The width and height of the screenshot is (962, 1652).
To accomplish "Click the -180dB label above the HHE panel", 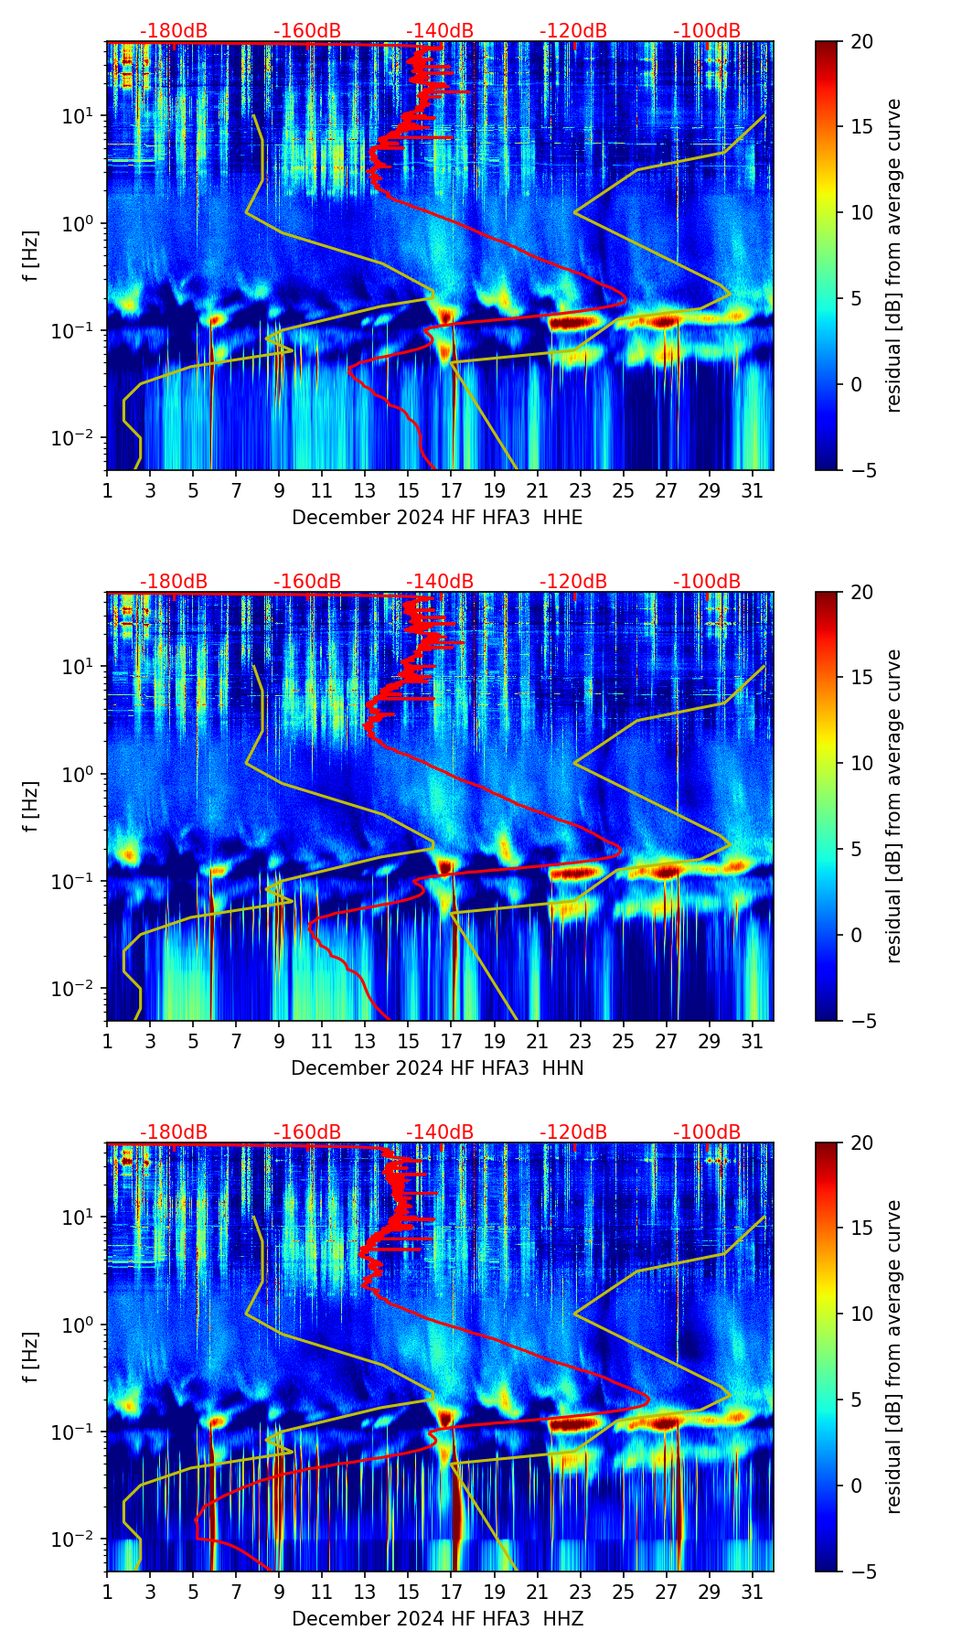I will click(173, 31).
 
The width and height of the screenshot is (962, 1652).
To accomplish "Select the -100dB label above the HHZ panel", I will click(707, 1132).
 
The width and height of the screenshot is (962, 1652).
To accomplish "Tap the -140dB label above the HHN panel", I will click(440, 582).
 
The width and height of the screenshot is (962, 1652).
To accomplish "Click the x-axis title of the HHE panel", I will click(437, 518).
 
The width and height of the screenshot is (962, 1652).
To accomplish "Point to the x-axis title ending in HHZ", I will click(437, 1619).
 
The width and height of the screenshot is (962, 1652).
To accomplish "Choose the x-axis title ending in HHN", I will click(437, 1068).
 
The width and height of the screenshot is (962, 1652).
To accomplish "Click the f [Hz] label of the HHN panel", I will click(31, 806).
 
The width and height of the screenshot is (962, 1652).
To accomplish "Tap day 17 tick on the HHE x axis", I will click(452, 491).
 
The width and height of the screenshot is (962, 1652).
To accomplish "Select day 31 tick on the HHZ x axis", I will click(753, 1593).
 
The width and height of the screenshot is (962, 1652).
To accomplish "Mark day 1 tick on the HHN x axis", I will click(107, 1042).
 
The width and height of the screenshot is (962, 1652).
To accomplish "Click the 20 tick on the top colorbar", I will click(862, 42).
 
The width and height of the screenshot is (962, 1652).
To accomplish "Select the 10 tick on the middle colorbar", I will click(862, 763).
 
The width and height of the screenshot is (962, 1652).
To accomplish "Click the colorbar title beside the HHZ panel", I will click(893, 1357).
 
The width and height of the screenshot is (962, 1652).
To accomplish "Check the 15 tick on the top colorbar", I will click(862, 127).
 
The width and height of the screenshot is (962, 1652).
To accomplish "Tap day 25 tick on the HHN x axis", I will click(624, 1042).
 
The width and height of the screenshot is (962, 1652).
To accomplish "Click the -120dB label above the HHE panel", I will click(573, 31).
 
